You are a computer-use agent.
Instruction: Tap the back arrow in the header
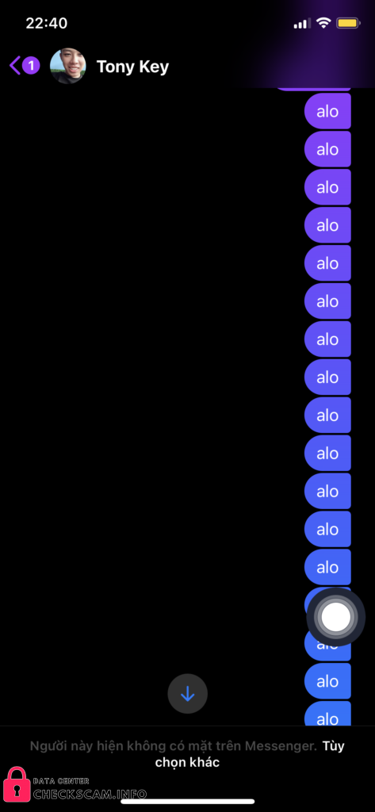pos(14,66)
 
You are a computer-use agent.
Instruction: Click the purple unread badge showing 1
pos(31,66)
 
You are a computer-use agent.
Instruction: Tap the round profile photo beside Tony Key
pos(68,67)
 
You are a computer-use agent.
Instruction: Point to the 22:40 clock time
pos(47,23)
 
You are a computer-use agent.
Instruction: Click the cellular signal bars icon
pos(302,23)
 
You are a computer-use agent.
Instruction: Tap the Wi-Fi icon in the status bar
pos(323,23)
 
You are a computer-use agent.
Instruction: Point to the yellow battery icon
pos(348,23)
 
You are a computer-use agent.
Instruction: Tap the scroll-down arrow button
pos(187,694)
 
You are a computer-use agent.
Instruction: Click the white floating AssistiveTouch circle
pos(336,617)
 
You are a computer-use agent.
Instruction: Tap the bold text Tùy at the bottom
pos(333,746)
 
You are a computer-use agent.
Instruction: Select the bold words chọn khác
pos(187,763)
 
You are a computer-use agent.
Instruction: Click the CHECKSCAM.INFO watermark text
pos(90,795)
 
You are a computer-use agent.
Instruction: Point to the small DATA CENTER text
pos(60,781)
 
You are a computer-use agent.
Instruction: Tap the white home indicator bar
pos(187,801)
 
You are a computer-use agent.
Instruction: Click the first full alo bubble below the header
pos(327,111)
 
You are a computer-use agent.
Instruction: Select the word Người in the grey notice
pos(46,747)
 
